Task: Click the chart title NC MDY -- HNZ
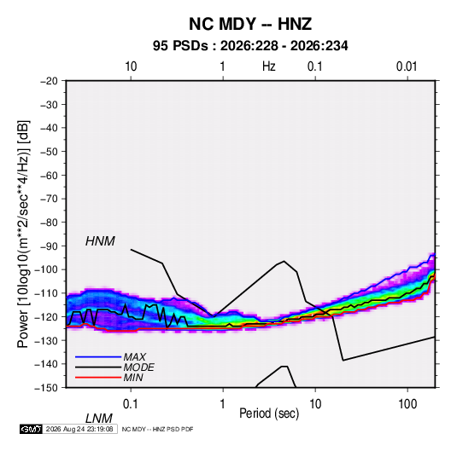pyautogui.click(x=250, y=24)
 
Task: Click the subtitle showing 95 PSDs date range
pyautogui.click(x=250, y=46)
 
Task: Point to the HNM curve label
pyautogui.click(x=100, y=241)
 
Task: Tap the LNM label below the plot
pyautogui.click(x=99, y=419)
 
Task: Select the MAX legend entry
pyautogui.click(x=134, y=356)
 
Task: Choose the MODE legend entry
pyautogui.click(x=138, y=367)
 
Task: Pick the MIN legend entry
pyautogui.click(x=133, y=378)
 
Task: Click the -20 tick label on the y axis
pyautogui.click(x=49, y=81)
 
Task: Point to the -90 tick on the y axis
pyautogui.click(x=49, y=246)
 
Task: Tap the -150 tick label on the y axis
pyautogui.click(x=46, y=388)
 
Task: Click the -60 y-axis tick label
pyautogui.click(x=49, y=175)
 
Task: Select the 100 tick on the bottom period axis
pyautogui.click(x=407, y=403)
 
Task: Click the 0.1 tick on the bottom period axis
pyautogui.click(x=131, y=403)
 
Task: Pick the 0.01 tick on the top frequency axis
pyautogui.click(x=407, y=66)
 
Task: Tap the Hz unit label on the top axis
pyautogui.click(x=269, y=66)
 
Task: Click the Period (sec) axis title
pyautogui.click(x=269, y=413)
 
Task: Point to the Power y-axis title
pyautogui.click(x=23, y=234)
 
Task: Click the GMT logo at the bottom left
pyautogui.click(x=31, y=429)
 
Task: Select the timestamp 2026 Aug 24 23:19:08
pyautogui.click(x=79, y=429)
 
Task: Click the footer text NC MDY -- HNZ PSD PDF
pyautogui.click(x=157, y=429)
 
